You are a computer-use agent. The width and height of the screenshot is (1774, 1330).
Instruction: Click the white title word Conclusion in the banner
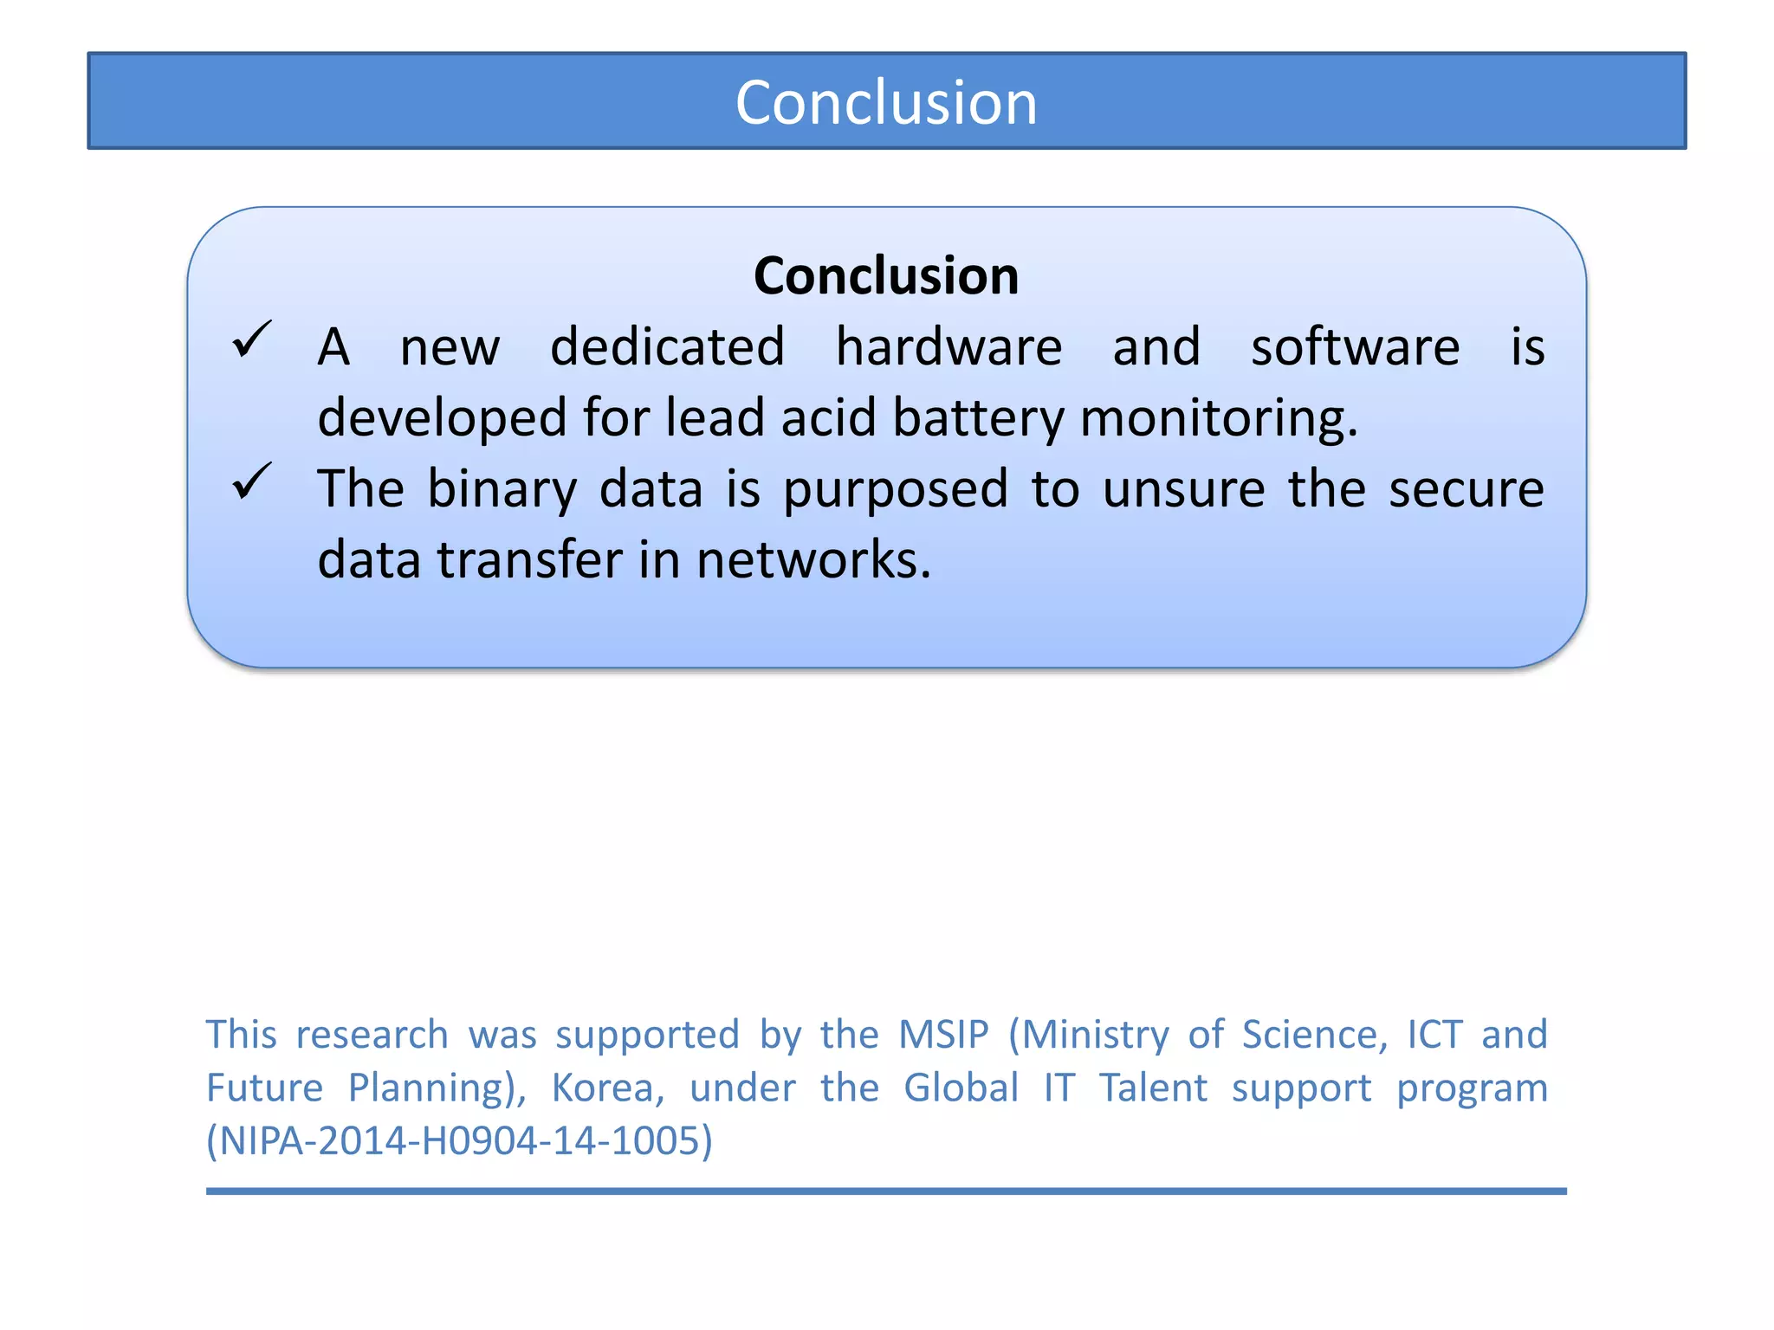886,103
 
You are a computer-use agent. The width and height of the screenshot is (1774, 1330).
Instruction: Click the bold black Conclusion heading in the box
886,276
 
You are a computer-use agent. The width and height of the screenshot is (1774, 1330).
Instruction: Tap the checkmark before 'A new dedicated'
252,339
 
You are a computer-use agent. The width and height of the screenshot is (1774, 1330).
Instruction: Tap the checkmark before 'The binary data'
252,481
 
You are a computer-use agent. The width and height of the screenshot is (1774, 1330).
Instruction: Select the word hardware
949,347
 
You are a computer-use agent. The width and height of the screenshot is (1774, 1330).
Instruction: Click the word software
1355,347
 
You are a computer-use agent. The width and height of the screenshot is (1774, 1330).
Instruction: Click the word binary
502,490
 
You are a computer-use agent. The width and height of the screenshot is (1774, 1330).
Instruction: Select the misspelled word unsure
1184,489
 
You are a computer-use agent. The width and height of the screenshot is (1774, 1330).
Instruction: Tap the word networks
813,560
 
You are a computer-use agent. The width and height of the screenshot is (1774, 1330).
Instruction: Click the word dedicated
667,347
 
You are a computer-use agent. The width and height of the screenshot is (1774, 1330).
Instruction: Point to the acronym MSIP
943,1035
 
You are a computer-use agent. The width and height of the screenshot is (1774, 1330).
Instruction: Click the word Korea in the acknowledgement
608,1088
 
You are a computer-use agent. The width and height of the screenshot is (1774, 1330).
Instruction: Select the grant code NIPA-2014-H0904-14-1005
459,1141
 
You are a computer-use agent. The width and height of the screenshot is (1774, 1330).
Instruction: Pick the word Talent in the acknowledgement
1153,1088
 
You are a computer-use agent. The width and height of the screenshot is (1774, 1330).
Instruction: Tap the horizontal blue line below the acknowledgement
886,1191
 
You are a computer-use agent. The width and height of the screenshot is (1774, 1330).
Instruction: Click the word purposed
896,490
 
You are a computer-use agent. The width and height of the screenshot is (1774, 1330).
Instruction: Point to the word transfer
529,560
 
